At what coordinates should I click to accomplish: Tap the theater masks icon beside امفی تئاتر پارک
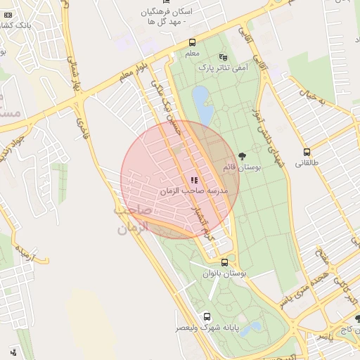(x=224, y=56)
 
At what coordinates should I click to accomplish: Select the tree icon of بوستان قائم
(x=243, y=156)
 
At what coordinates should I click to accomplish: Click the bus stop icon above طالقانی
(x=307, y=152)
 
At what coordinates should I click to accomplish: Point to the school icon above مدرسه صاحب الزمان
(x=194, y=180)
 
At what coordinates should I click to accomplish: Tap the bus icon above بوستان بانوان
(x=224, y=262)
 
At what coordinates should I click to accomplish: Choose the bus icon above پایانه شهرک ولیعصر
(x=207, y=316)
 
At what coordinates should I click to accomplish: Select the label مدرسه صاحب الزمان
(x=194, y=191)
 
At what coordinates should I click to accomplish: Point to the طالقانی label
(x=307, y=163)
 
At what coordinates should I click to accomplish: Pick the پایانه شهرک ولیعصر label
(x=207, y=328)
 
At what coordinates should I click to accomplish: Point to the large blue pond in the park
(x=203, y=104)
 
